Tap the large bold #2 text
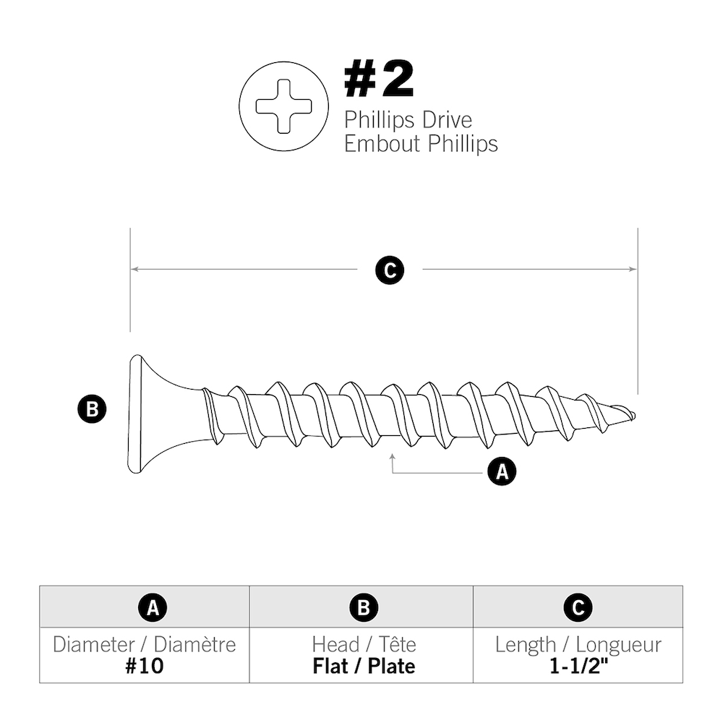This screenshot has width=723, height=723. (379, 80)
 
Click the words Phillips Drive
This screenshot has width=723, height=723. (408, 119)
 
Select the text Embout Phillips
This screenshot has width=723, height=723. (421, 143)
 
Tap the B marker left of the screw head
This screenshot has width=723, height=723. (92, 409)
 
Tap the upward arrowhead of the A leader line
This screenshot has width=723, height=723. (392, 456)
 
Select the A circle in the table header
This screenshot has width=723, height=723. (152, 607)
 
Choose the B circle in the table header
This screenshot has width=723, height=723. (364, 607)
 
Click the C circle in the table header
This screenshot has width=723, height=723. (578, 607)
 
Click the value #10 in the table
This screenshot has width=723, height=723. (144, 665)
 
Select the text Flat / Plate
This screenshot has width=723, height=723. (364, 665)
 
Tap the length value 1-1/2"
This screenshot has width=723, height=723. (578, 665)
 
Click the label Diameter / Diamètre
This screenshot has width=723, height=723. (144, 644)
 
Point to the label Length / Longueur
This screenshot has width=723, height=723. (578, 644)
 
